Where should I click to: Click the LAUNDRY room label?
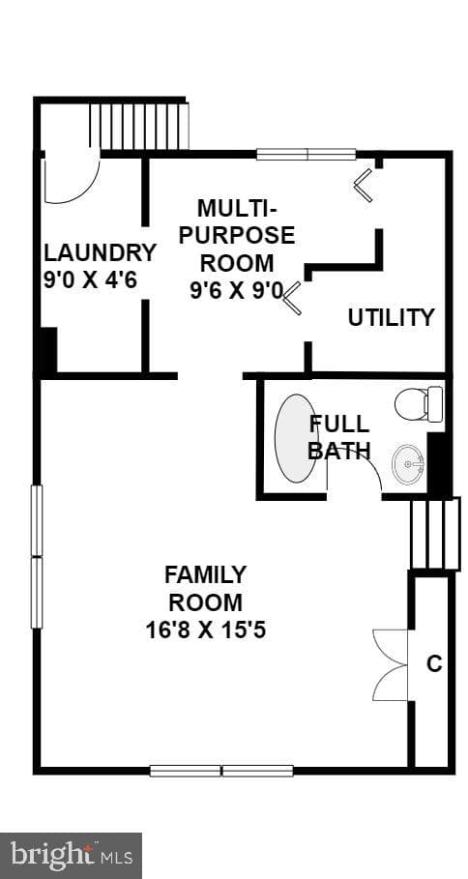tap(100, 252)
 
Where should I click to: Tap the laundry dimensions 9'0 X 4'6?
tap(90, 279)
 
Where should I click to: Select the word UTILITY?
tap(392, 318)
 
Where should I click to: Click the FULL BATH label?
tap(339, 437)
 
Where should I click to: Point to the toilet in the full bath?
tap(419, 403)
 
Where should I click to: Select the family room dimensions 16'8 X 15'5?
tap(206, 630)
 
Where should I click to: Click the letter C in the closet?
tap(434, 664)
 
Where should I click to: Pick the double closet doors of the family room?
tap(391, 665)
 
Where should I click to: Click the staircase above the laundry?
tap(139, 126)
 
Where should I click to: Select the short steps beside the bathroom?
tap(435, 533)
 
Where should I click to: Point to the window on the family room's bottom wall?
tap(222, 771)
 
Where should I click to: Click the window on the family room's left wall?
tap(37, 557)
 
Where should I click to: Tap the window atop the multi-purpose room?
tap(307, 154)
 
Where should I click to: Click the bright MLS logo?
tap(71, 856)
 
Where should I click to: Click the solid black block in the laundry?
tap(47, 351)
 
